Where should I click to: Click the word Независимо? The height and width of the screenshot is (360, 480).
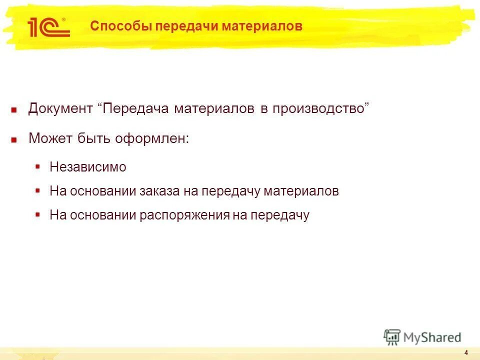(x=88, y=167)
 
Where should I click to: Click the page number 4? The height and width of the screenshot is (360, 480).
(x=466, y=352)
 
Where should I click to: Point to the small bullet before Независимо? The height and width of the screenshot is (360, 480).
(x=37, y=166)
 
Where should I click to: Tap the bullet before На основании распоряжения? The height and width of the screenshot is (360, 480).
(x=37, y=214)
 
